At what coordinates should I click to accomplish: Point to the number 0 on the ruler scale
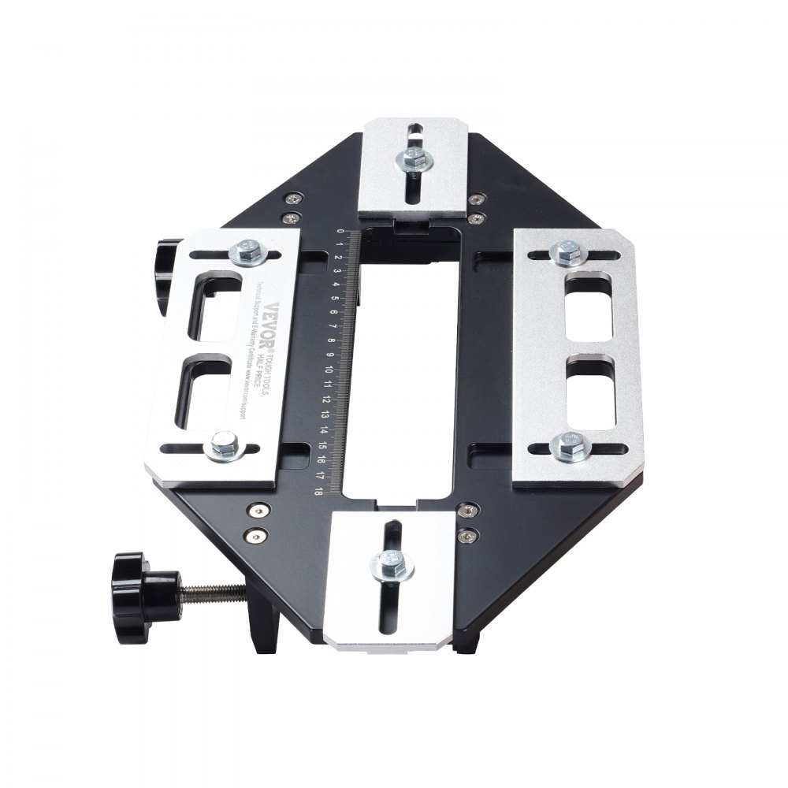pos(340,232)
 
